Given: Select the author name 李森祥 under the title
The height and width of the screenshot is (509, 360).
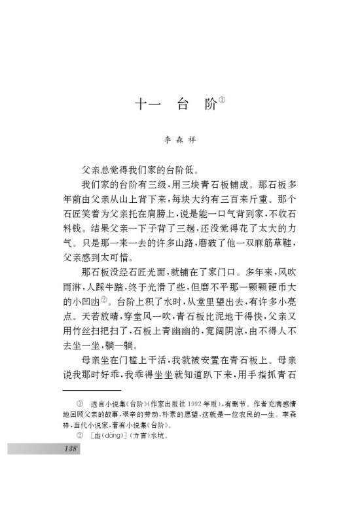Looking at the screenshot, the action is click(180, 140).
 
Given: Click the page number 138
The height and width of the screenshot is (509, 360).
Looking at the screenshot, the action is click(71, 449).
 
